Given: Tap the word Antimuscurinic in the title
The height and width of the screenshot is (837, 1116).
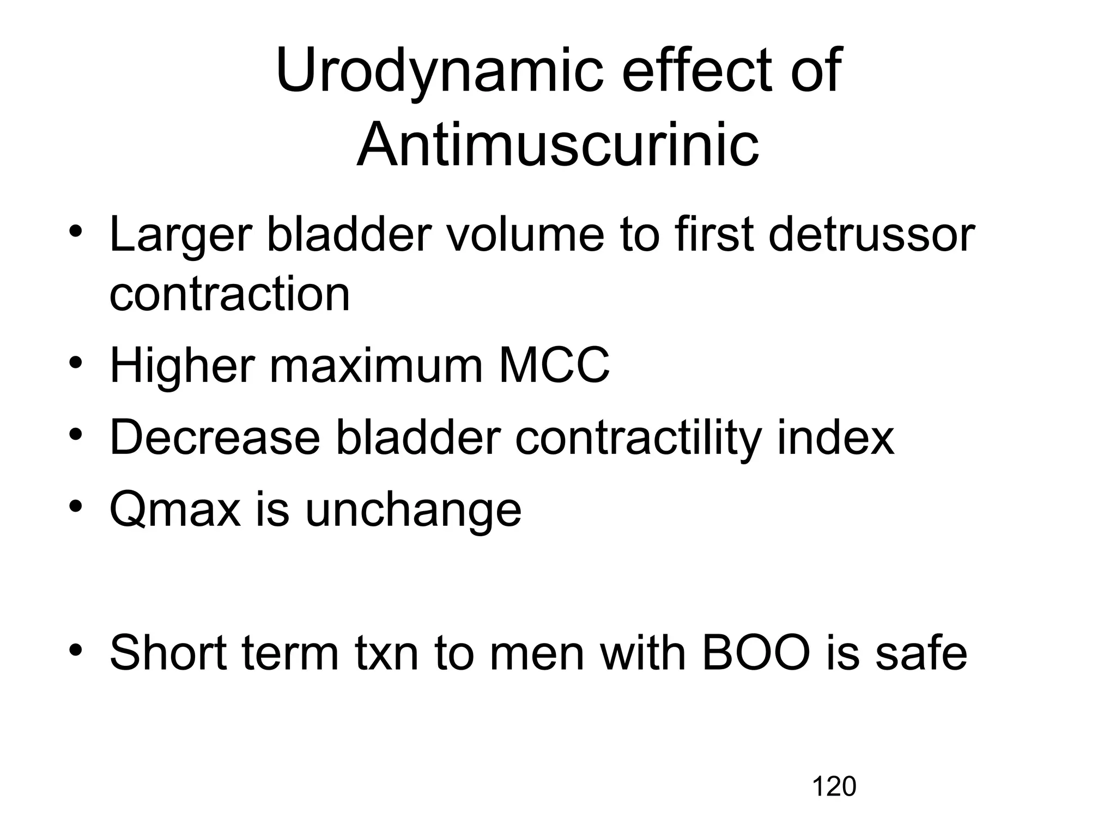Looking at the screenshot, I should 557,145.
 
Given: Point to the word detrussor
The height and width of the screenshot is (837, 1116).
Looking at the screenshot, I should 871,235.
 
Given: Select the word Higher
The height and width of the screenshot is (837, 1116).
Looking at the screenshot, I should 182,366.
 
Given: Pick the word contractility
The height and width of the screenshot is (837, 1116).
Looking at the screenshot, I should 637,438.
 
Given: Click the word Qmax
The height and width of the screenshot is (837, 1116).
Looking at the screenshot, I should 174,510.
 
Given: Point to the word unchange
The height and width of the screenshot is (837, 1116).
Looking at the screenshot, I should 413,510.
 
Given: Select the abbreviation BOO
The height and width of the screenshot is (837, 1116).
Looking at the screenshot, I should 756,653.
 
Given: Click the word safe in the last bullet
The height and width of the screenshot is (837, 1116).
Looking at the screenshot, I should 921,653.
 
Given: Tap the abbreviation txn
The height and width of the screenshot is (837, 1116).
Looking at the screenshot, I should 386,653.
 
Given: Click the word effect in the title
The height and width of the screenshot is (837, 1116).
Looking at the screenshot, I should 697,71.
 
